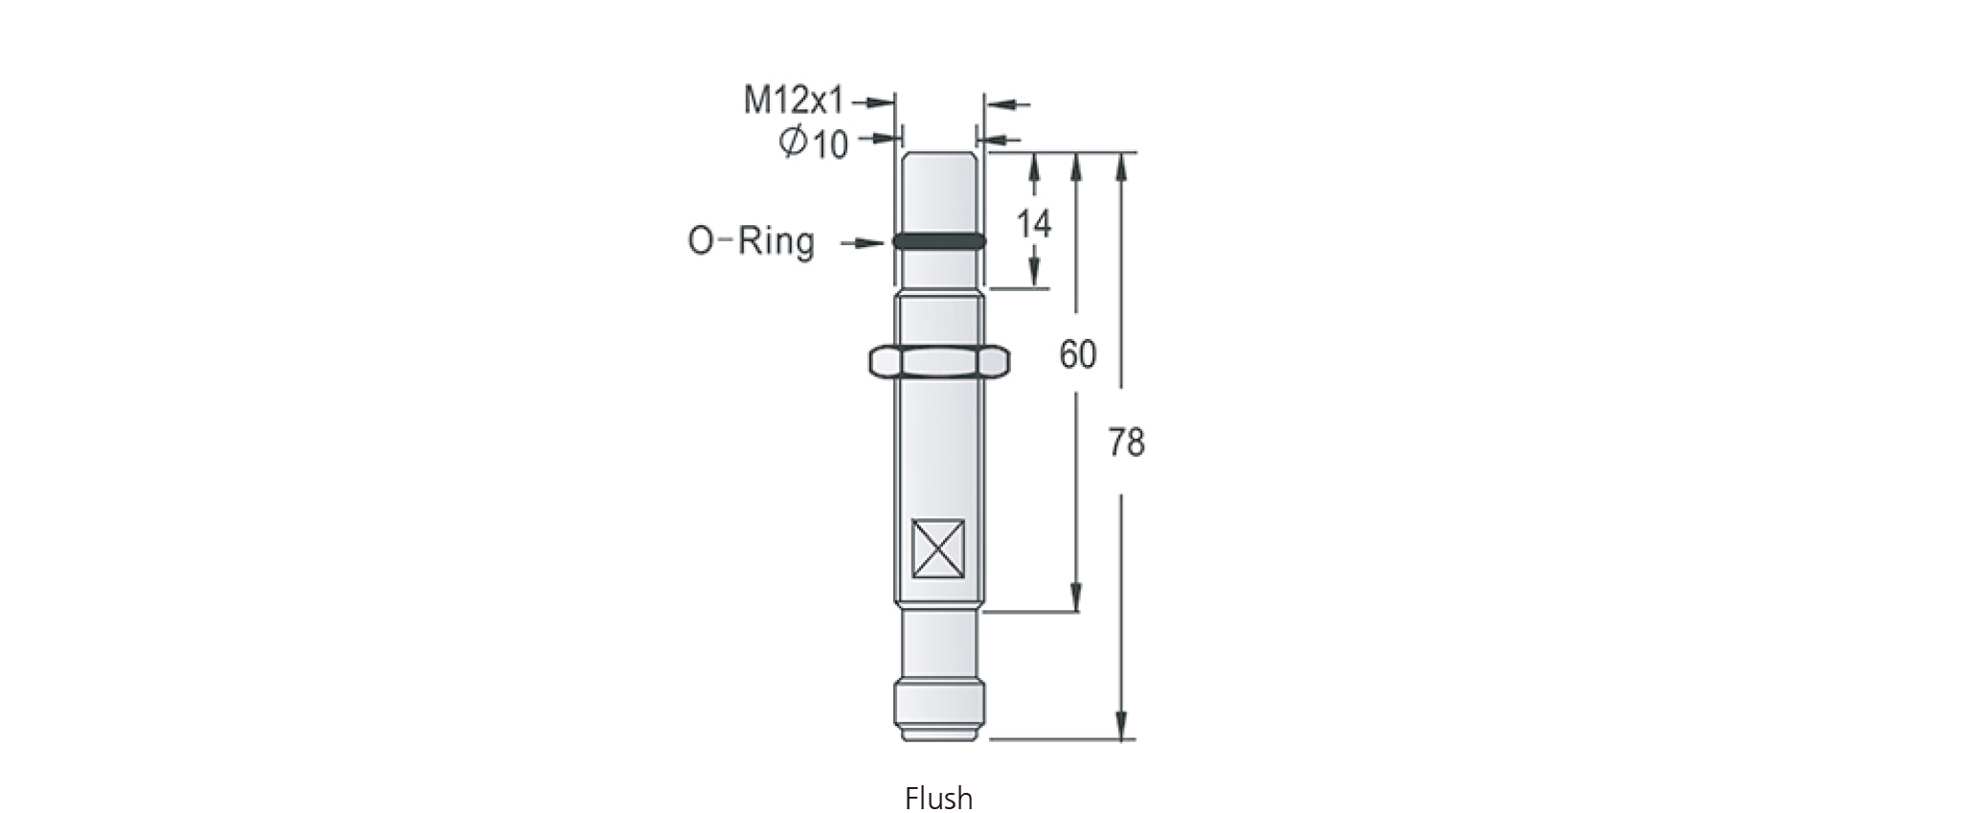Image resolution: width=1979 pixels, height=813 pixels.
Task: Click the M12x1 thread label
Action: (x=795, y=100)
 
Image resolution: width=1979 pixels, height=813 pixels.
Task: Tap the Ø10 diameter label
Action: (x=814, y=144)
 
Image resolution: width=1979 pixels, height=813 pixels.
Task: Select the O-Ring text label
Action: (x=752, y=241)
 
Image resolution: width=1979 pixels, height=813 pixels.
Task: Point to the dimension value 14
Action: (x=1033, y=224)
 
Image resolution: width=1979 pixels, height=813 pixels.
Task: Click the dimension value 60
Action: (x=1077, y=354)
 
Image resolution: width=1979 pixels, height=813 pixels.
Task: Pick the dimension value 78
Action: (x=1126, y=443)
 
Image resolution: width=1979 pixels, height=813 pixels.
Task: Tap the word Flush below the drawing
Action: (x=938, y=798)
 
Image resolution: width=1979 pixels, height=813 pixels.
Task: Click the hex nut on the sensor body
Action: (x=938, y=361)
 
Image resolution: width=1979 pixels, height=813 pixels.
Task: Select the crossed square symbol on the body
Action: (x=938, y=549)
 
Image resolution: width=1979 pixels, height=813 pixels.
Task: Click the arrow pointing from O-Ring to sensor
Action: (x=864, y=243)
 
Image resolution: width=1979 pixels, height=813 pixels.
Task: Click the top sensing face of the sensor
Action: (x=938, y=153)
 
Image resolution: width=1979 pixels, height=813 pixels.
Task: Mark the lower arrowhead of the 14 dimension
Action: (x=1034, y=274)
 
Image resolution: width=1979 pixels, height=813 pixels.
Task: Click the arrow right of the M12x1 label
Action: (x=871, y=100)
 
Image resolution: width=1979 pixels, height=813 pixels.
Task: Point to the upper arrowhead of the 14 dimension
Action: (x=1034, y=168)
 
